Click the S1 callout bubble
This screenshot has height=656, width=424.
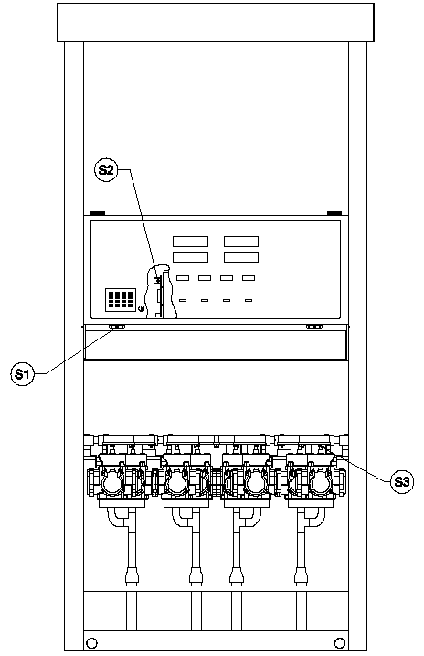coord(22,373)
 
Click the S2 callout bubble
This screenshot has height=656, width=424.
coord(106,170)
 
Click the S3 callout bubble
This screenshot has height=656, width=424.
coord(401,482)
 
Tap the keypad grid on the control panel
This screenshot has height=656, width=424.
coord(121,299)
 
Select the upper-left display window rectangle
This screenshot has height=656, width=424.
coord(190,242)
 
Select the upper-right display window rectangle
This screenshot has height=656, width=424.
coord(241,242)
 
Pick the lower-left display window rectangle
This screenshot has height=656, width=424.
coord(190,257)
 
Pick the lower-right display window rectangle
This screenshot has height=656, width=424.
coord(241,257)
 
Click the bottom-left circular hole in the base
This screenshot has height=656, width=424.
coord(91,642)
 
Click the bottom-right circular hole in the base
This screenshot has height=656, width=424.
coord(340,642)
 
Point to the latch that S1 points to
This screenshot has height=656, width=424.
coord(117,327)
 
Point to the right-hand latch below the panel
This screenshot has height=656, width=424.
coord(314,327)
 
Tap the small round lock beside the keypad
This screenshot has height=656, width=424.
coord(142,309)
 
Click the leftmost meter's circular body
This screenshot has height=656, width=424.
coord(112,483)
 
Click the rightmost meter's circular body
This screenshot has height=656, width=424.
coord(319,483)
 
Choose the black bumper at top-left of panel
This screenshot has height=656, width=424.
coord(98,213)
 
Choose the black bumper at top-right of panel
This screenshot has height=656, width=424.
coord(334,213)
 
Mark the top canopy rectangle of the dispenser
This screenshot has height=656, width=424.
coord(216,22)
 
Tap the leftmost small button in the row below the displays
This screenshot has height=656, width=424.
coord(183,278)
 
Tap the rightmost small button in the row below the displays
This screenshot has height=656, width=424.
coord(249,278)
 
